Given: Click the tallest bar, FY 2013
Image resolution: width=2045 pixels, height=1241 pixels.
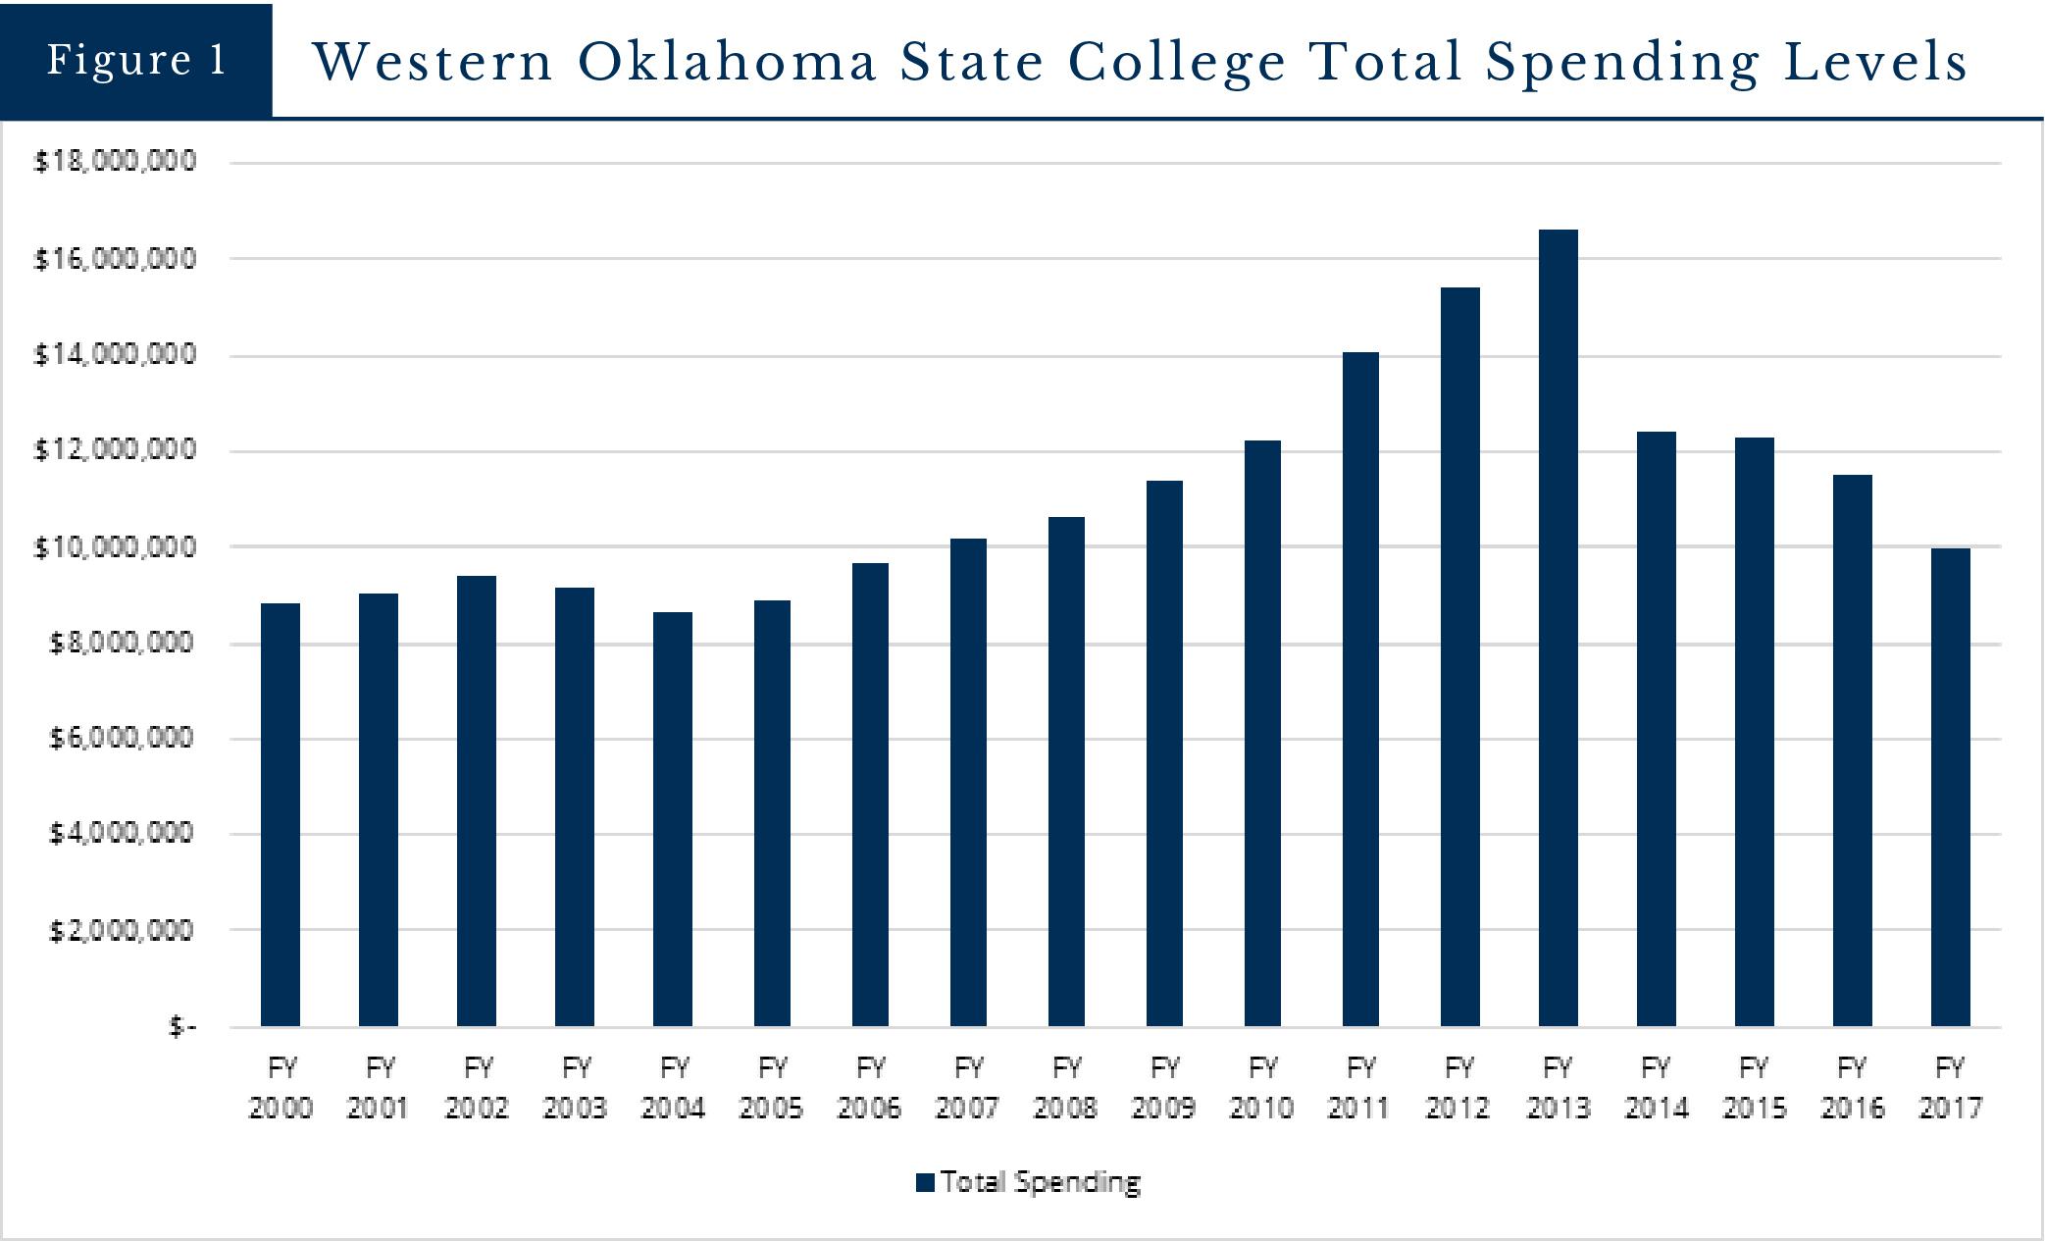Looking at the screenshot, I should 1558,628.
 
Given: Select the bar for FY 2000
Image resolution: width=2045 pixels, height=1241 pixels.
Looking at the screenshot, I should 281,814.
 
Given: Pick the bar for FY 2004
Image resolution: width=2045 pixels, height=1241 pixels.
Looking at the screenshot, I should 673,819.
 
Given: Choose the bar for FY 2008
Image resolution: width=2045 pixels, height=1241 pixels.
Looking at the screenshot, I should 1066,771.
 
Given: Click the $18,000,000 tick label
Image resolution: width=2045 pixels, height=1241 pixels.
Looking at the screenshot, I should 115,161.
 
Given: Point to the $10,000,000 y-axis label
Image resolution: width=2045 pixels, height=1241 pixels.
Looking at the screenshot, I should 115,547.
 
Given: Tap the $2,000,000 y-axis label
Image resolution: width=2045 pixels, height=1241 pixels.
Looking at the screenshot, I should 122,929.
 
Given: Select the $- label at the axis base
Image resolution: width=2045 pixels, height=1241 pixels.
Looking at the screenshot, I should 182,1026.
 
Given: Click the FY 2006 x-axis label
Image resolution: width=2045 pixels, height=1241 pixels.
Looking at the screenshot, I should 869,1088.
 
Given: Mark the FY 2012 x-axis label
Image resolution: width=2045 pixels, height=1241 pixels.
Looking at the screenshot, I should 1458,1088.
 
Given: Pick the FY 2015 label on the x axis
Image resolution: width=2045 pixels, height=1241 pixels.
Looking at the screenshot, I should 1754,1088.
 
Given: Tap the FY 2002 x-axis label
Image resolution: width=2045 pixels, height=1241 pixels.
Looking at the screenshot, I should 477,1088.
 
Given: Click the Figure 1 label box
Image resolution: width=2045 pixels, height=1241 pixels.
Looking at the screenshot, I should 136,60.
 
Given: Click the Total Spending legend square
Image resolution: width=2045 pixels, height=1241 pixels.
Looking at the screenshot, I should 925,1182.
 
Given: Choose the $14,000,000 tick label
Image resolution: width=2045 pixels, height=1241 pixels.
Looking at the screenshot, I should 115,354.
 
